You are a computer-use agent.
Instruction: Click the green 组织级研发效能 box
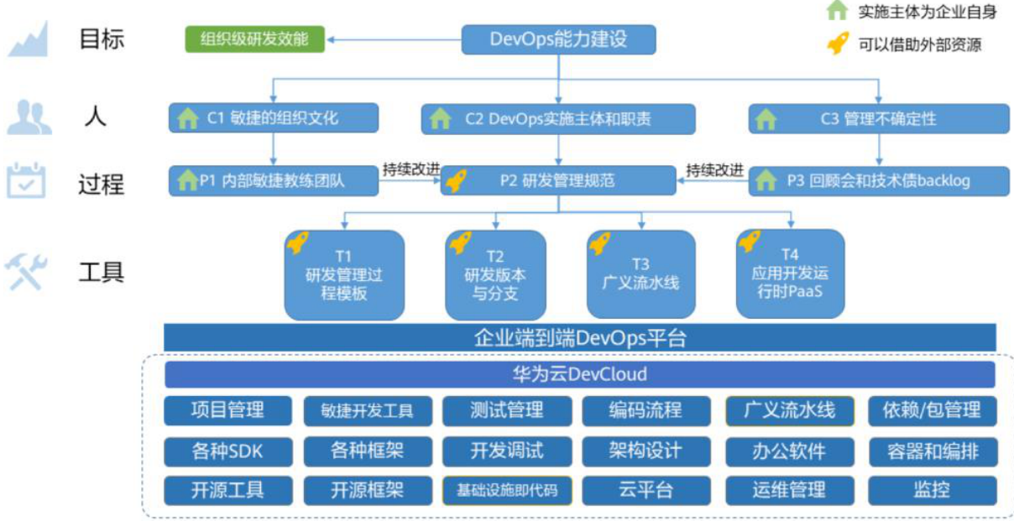[254, 39]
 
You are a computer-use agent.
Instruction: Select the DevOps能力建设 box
[558, 39]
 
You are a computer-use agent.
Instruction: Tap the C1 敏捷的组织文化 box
[274, 118]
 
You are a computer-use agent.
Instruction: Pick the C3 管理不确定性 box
[878, 119]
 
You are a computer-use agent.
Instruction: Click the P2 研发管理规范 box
[557, 180]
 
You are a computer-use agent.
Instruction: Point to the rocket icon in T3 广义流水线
[600, 242]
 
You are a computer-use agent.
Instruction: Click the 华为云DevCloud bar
[579, 374]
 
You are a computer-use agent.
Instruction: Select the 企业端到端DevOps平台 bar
[579, 338]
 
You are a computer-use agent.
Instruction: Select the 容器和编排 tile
[932, 451]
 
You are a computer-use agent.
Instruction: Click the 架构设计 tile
[646, 451]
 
